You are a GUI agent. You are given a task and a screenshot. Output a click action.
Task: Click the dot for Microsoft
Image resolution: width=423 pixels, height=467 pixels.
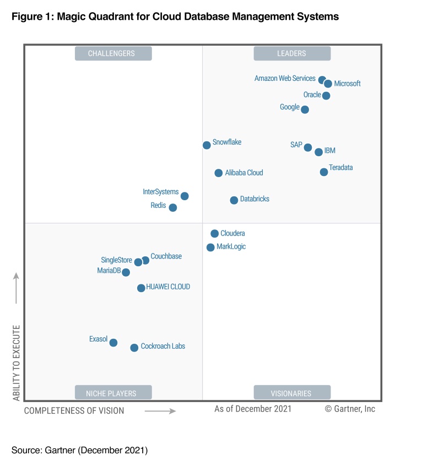(328, 84)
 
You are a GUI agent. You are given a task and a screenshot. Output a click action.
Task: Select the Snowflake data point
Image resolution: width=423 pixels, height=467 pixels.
(207, 145)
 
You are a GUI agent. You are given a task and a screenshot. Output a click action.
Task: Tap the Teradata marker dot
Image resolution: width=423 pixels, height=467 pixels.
(324, 172)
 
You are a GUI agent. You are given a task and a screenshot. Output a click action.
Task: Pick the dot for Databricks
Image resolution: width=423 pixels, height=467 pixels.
(234, 200)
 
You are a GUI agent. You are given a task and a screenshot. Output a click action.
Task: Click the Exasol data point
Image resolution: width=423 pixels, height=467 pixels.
(113, 343)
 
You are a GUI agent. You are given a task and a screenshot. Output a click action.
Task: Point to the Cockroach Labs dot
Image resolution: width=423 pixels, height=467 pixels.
(134, 348)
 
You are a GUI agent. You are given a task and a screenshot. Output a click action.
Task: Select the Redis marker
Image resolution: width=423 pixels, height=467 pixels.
(173, 207)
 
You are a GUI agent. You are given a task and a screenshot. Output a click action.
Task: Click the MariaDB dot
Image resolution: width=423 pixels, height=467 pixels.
(126, 272)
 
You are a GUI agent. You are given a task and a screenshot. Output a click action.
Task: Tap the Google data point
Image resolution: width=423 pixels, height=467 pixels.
(305, 109)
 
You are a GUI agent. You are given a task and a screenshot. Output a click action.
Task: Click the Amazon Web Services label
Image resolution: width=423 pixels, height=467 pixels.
(285, 79)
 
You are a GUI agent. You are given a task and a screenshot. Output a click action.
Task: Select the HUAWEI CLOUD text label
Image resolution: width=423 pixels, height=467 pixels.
(168, 287)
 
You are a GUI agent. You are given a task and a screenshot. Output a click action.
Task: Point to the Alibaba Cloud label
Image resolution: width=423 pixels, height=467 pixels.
(244, 173)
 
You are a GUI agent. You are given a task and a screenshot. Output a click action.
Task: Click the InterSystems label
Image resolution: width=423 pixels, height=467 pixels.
(161, 192)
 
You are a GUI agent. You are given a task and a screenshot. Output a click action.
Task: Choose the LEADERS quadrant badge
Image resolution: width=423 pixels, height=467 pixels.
(292, 53)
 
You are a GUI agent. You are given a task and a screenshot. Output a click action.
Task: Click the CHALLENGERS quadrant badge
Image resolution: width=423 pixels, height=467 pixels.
(113, 53)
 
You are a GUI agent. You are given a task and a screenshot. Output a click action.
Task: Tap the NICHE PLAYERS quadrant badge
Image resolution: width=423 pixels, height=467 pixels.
(113, 393)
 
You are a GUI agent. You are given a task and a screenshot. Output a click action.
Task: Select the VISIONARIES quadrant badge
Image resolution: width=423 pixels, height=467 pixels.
(292, 393)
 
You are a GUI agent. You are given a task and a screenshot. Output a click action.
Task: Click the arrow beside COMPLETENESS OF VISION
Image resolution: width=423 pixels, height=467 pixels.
(160, 411)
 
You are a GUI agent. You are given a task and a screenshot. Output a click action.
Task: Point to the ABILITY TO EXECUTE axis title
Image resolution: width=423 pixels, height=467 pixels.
(16, 362)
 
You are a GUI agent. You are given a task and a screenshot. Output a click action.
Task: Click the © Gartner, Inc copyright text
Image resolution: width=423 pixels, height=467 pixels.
(350, 409)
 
